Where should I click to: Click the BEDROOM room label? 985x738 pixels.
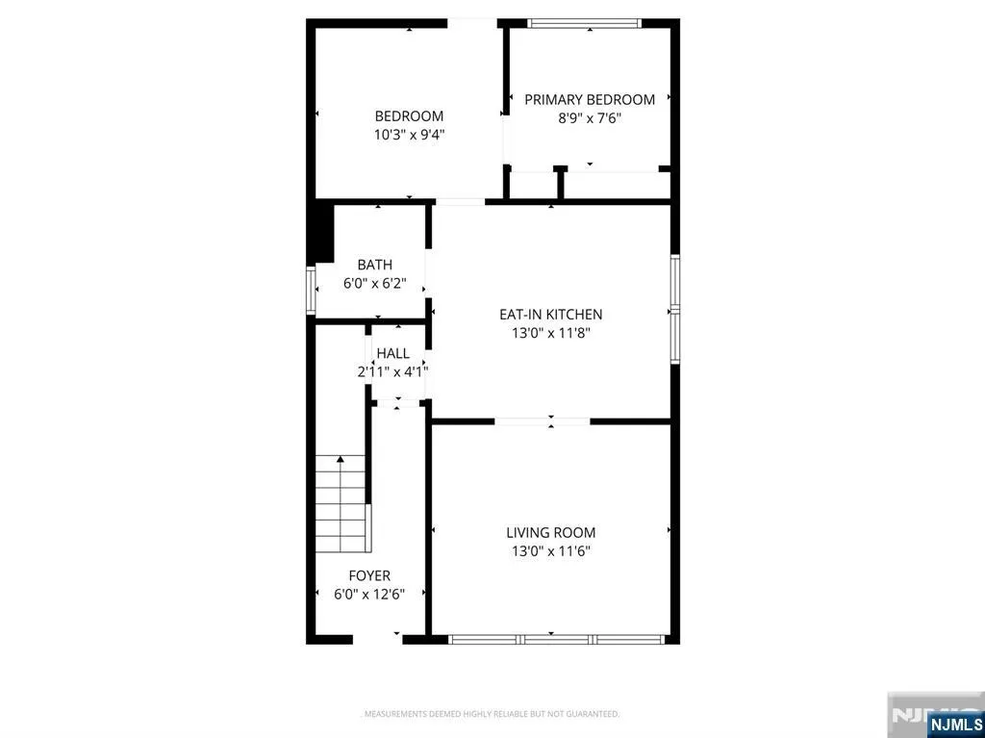(409, 116)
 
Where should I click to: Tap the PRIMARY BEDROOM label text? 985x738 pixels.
(590, 99)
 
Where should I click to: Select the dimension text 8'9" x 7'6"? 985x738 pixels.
(590, 117)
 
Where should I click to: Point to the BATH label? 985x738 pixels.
(375, 265)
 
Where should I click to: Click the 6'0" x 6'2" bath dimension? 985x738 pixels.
(375, 284)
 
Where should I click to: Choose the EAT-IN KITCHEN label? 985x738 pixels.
(551, 315)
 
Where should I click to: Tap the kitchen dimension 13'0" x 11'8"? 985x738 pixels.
(551, 333)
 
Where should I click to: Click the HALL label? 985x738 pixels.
(393, 353)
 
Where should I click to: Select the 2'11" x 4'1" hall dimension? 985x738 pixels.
(393, 371)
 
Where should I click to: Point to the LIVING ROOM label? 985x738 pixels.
(551, 533)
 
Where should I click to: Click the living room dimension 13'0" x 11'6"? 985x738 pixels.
(551, 551)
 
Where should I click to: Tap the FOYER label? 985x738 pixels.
(369, 575)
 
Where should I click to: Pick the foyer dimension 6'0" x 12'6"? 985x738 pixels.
(369, 594)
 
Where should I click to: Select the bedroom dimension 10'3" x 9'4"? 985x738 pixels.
(409, 135)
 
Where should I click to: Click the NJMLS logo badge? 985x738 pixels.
(955, 724)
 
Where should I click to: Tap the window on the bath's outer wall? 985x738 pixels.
(311, 290)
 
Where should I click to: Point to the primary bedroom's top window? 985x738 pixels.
(584, 23)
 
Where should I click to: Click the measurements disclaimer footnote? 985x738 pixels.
(492, 714)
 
